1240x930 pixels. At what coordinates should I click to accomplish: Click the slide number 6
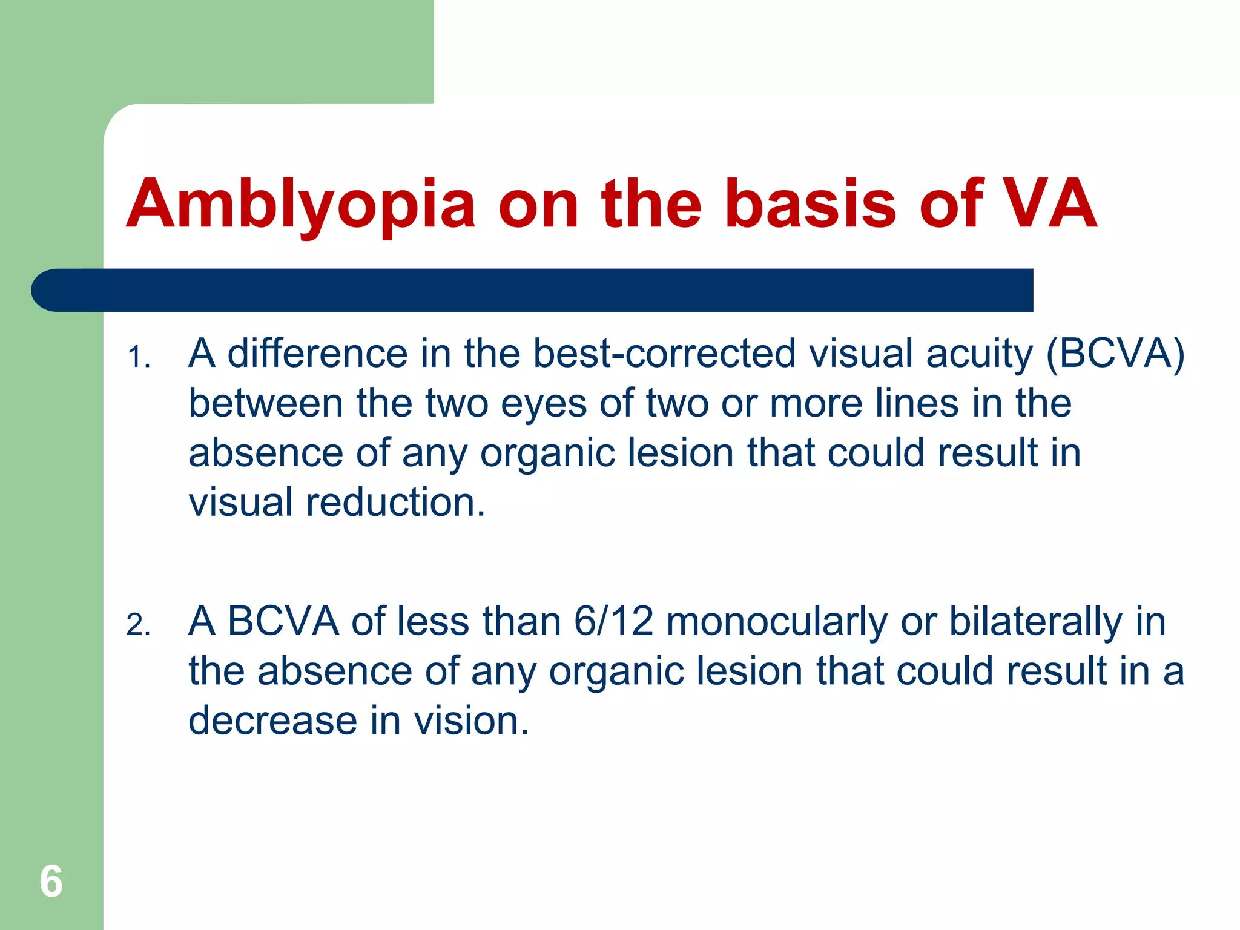tap(51, 881)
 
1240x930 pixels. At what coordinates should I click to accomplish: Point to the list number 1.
tap(138, 357)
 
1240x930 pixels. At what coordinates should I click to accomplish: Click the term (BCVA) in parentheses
tap(1115, 354)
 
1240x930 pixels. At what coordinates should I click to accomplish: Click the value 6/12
tap(613, 622)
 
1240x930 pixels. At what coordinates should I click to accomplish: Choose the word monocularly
tap(777, 622)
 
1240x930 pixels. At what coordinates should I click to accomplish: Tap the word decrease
tap(273, 721)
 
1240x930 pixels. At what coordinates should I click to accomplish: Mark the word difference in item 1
tap(317, 354)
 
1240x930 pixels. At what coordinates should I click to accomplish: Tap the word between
tap(266, 403)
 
